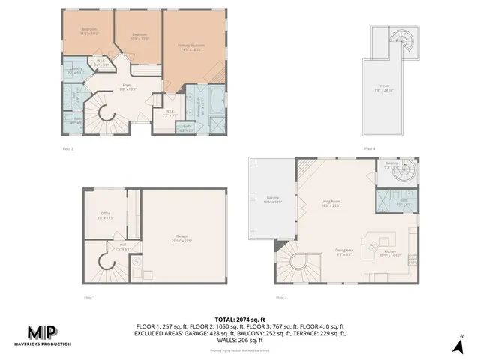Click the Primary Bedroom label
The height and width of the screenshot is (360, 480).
tap(192, 46)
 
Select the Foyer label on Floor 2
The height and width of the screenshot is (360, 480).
tap(128, 87)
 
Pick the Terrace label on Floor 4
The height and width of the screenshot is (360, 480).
tap(385, 87)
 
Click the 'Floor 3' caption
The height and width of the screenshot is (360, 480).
tap(281, 298)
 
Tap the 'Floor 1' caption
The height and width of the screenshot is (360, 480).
tap(89, 298)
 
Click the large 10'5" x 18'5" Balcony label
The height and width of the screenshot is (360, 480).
tap(272, 200)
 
